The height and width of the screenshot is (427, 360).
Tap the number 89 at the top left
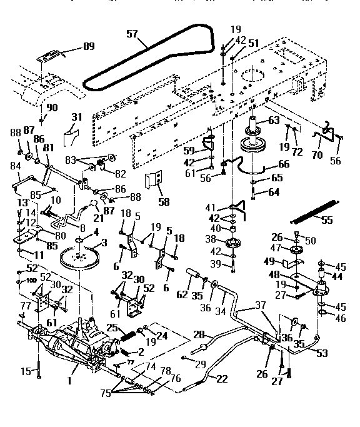click(90, 47)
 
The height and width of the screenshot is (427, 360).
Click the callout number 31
click(76, 118)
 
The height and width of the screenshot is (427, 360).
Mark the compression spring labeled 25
click(127, 335)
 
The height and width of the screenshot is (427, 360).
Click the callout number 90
click(52, 107)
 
